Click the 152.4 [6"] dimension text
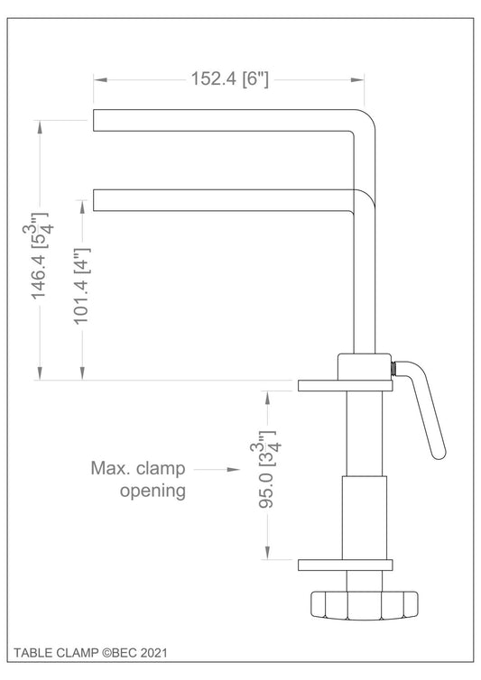point(229,79)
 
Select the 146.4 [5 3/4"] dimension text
point(39,256)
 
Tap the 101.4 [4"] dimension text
point(81,286)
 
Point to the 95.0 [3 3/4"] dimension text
point(267,469)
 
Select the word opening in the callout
point(153,492)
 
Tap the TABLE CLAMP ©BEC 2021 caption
point(90,653)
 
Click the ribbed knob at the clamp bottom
point(365,604)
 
